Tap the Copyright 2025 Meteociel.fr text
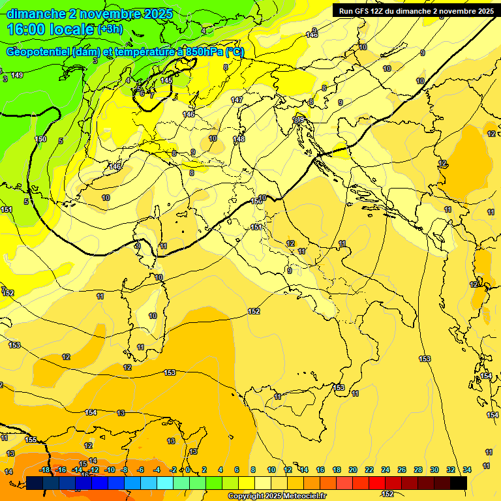click(276, 496)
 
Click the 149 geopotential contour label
click(17, 76)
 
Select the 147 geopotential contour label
click(237, 100)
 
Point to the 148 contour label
click(239, 139)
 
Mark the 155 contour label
click(31, 440)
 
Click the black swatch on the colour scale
click(459, 483)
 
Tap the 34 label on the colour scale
click(467, 470)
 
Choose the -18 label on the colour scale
click(45, 470)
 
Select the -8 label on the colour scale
click(124, 470)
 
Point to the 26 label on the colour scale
click(402, 470)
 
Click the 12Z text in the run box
click(378, 11)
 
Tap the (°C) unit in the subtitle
click(234, 52)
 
